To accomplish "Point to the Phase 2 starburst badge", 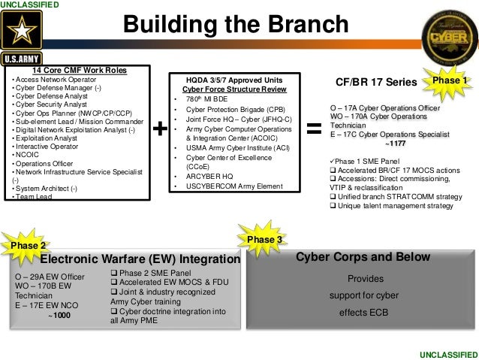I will (x=31, y=245).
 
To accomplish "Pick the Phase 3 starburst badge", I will (x=264, y=239).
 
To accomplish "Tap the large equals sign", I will (x=315, y=129).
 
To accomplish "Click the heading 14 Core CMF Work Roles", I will (x=71, y=71).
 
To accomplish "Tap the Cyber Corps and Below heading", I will (x=363, y=257).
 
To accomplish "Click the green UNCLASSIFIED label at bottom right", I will (x=448, y=353).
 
